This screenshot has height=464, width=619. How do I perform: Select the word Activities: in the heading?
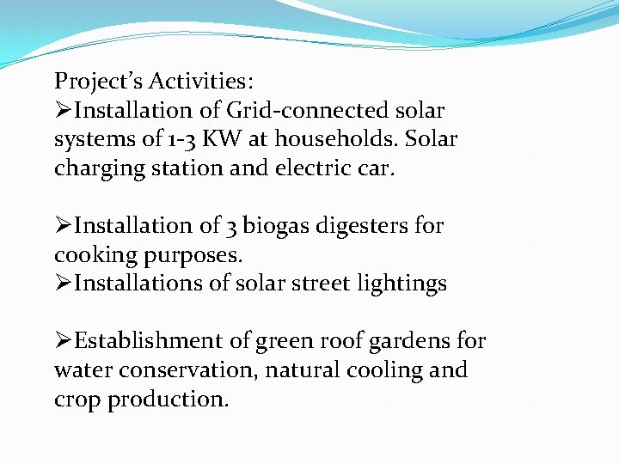click(201, 82)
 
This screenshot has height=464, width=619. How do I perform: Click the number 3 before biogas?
click(231, 227)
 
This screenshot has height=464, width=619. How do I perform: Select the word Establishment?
click(149, 341)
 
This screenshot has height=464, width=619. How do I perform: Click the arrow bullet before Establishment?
click(63, 341)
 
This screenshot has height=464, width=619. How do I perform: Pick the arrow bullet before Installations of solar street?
click(63, 284)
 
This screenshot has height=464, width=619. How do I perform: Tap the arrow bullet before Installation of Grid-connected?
click(63, 111)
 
